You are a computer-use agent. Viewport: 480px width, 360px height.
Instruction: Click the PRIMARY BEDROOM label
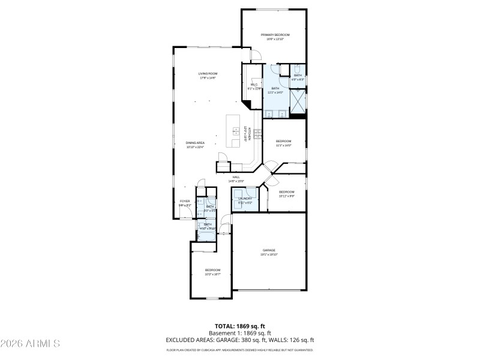click(x=275, y=35)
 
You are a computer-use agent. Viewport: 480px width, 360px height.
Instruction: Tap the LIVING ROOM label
click(x=208, y=74)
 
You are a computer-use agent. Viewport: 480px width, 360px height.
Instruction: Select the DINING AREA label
click(x=195, y=142)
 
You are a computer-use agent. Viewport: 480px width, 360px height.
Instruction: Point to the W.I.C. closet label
click(x=254, y=85)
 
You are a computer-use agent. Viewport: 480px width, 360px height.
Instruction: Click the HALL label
click(x=236, y=177)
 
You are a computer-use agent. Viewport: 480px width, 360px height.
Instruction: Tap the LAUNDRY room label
click(x=245, y=198)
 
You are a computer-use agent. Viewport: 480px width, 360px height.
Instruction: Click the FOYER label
click(x=185, y=201)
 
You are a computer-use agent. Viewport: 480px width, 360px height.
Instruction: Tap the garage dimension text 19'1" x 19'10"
click(x=268, y=254)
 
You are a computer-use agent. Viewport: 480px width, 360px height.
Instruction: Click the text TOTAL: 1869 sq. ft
click(x=239, y=326)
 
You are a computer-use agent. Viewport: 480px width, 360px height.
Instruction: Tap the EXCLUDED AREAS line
click(x=239, y=340)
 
